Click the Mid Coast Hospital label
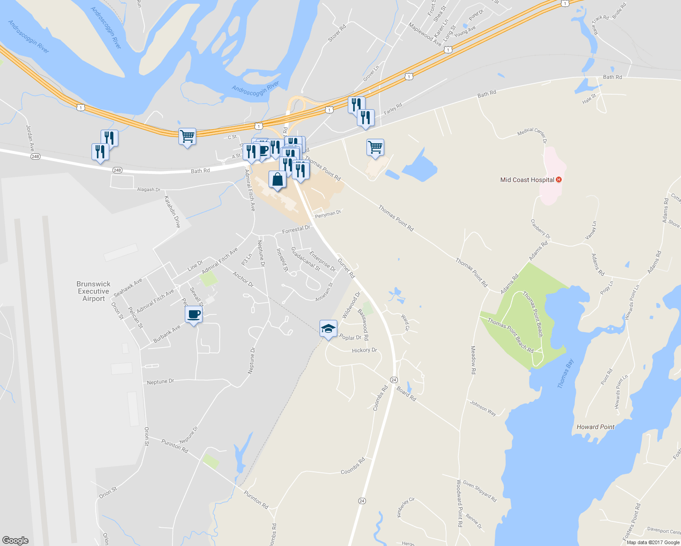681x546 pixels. (527, 180)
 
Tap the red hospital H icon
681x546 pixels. (559, 180)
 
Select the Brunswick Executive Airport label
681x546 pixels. (93, 291)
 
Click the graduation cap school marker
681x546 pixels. (328, 329)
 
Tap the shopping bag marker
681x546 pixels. (277, 180)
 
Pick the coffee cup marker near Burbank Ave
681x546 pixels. (193, 314)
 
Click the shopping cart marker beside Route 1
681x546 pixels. (187, 136)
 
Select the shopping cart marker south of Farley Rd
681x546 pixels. (375, 147)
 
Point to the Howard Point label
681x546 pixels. (595, 427)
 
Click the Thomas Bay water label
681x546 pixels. (565, 374)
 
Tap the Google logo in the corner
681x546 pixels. (15, 540)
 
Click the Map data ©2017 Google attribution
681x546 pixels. (653, 542)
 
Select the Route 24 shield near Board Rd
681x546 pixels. (394, 379)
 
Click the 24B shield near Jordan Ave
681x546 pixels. (36, 157)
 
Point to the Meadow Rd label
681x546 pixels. (473, 360)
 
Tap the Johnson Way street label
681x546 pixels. (483, 408)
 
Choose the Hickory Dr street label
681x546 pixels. (364, 350)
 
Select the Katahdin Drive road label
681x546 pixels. (173, 212)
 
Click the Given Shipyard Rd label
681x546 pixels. (479, 491)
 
